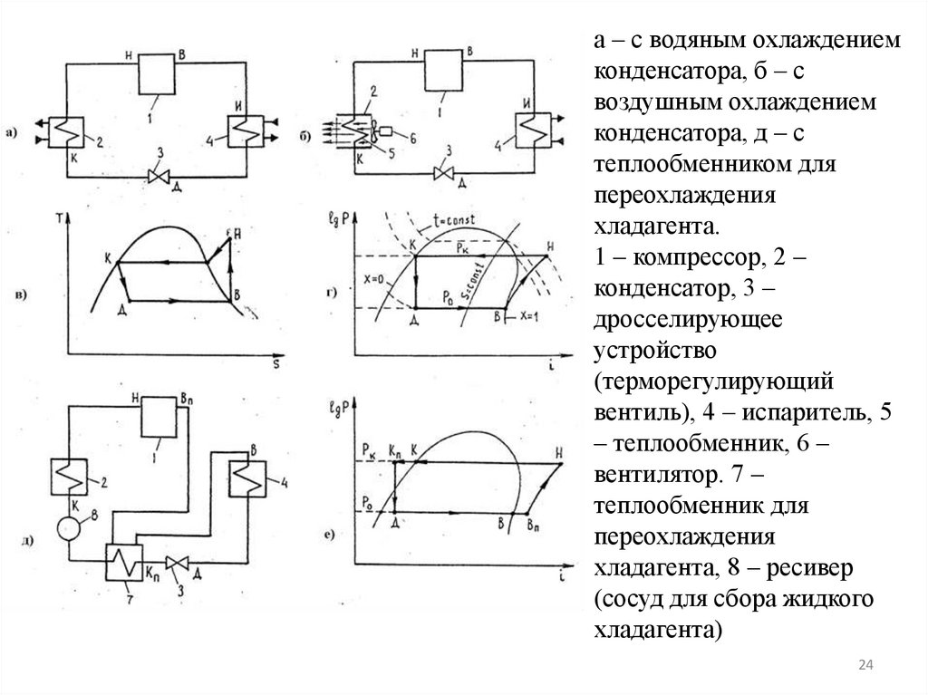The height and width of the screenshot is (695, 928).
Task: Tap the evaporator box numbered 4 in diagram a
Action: pos(242,132)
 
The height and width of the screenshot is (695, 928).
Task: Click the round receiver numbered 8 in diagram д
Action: pos(68,526)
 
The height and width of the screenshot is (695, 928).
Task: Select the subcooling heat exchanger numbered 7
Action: pos(124,565)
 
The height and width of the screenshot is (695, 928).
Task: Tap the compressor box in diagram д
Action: pos(160,418)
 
